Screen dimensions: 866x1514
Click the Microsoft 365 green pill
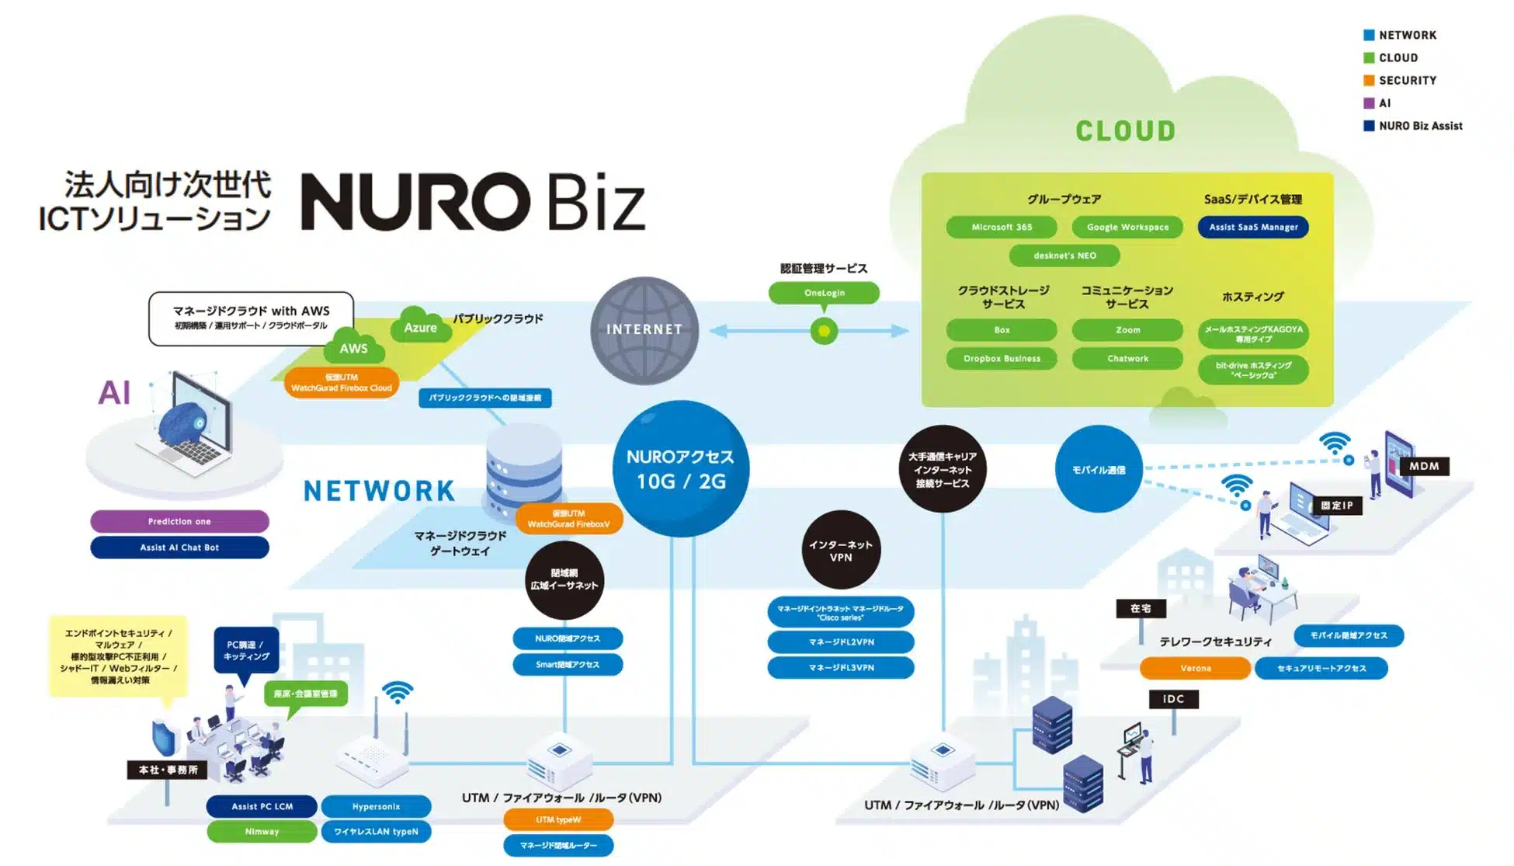coord(1002,227)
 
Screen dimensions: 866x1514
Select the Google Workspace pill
coord(1127,227)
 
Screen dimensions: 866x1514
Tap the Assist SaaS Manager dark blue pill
coord(1253,227)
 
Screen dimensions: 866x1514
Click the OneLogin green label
coord(824,293)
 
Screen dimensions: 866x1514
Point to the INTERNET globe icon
coord(644,330)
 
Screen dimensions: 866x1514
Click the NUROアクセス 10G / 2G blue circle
coord(681,468)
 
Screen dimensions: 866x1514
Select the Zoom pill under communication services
coord(1127,330)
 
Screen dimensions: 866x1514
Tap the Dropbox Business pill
coord(1002,359)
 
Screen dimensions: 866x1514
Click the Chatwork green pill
coord(1127,359)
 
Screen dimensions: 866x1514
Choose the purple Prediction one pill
coord(179,521)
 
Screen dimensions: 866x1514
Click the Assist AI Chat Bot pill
coord(179,548)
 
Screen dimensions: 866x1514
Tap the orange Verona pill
coord(1195,668)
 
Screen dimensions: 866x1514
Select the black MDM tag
coord(1424,466)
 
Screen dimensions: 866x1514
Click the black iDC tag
coord(1173,699)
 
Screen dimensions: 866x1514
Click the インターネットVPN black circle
coord(841,551)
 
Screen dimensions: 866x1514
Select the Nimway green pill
coord(262,832)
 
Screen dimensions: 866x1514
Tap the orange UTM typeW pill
coord(558,819)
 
